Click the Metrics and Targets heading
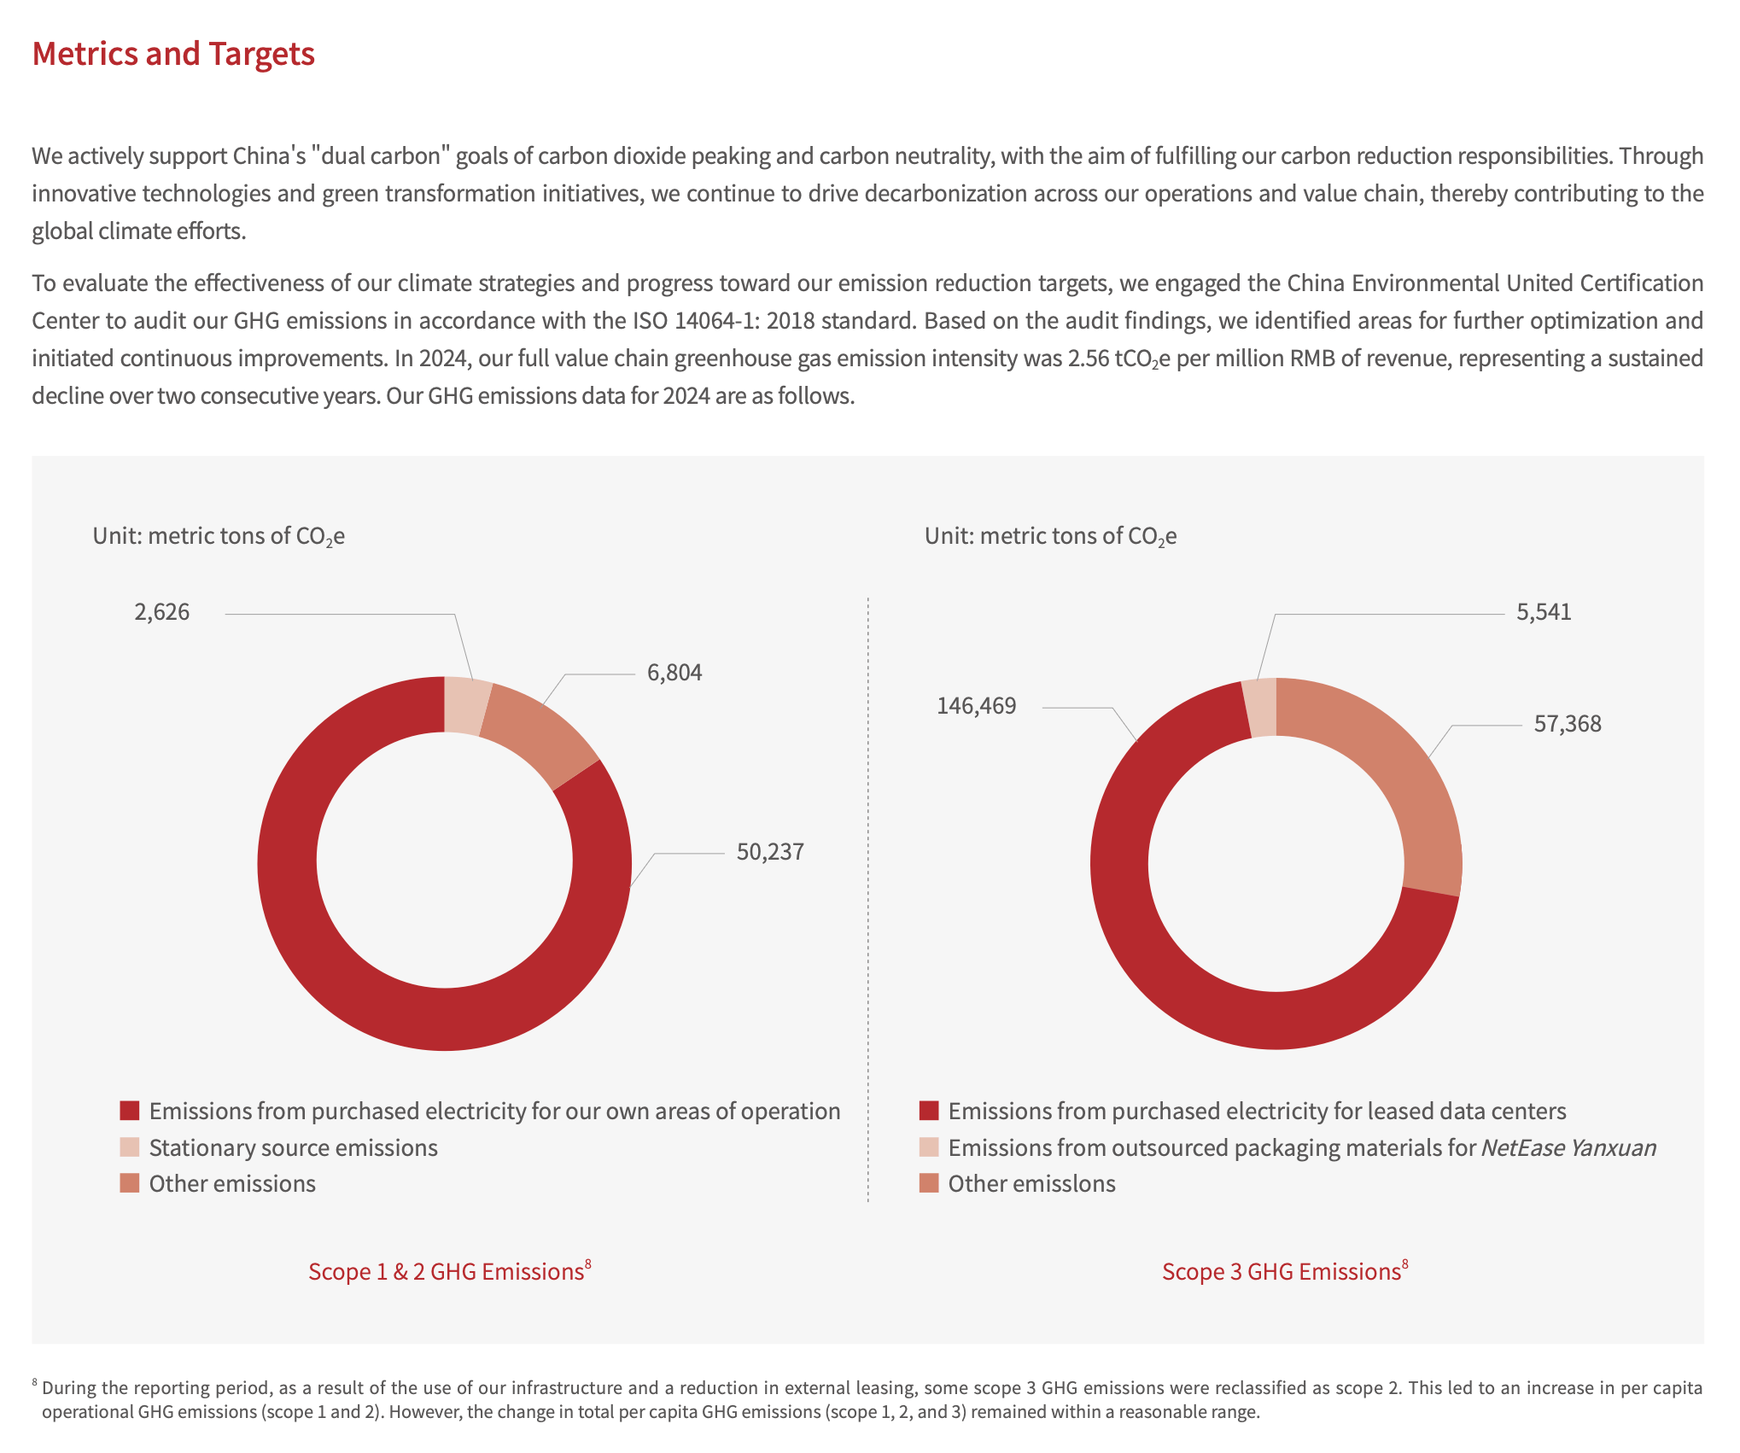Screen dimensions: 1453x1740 173,54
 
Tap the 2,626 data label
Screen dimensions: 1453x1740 162,612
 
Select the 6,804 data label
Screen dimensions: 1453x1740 674,673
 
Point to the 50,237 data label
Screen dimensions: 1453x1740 770,852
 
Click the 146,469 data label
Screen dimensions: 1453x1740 977,706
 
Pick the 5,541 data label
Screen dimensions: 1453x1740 1544,612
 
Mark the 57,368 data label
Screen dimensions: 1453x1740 1568,724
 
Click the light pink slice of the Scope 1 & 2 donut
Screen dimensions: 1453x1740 465,705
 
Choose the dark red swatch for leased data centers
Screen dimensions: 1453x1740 929,1111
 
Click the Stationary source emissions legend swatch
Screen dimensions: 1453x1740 130,1147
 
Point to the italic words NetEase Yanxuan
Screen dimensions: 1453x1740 1568,1147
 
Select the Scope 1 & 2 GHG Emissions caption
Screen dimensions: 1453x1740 446,1271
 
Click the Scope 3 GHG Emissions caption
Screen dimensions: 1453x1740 1282,1271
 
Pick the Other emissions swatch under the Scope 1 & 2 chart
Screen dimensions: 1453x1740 130,1183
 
